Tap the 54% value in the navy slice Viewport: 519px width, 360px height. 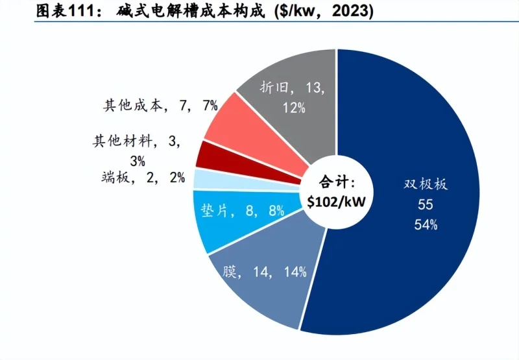(x=425, y=225)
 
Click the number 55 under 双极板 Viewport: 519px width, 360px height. (x=425, y=204)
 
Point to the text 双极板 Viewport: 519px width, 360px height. (x=425, y=184)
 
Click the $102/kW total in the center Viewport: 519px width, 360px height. (x=335, y=202)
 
